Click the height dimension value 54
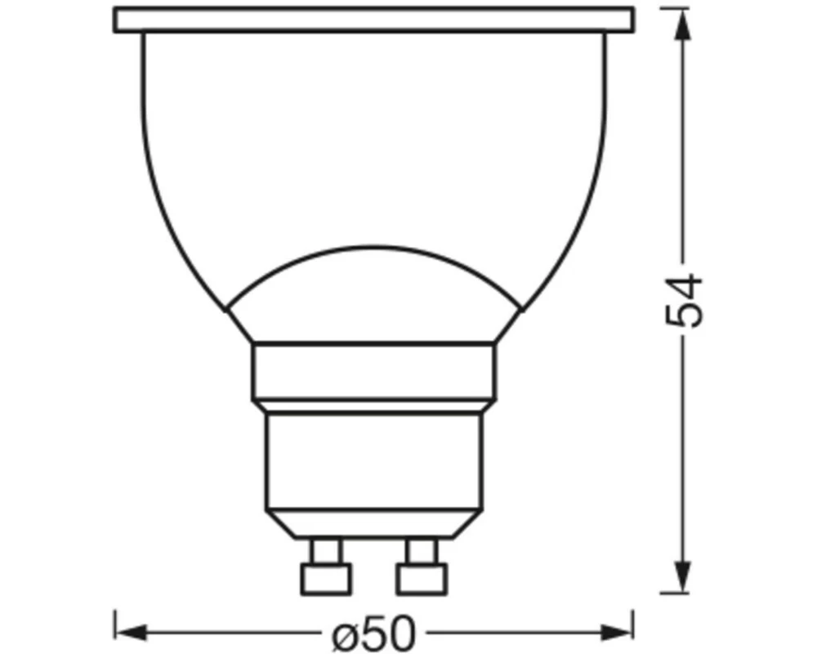pyautogui.click(x=684, y=300)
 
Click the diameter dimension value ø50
pyautogui.click(x=374, y=632)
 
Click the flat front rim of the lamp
pyautogui.click(x=374, y=20)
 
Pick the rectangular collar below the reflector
pyautogui.click(x=374, y=372)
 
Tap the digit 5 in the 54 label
pyautogui.click(x=684, y=316)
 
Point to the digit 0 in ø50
pyautogui.click(x=400, y=632)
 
